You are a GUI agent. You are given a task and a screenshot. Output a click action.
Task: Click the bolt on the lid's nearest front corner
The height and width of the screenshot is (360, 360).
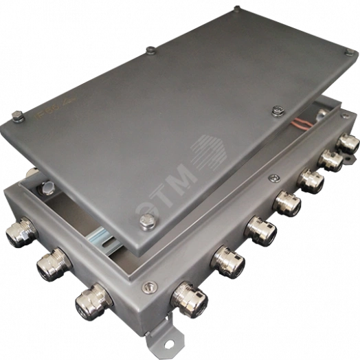coord(146,221)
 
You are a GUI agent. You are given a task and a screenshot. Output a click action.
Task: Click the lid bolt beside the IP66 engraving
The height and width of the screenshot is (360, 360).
coord(17,115)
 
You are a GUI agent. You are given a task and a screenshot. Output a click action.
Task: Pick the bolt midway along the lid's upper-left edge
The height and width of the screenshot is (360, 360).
coord(149,50)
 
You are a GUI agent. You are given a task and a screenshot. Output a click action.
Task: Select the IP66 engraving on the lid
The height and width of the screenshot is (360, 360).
coord(43,119)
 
